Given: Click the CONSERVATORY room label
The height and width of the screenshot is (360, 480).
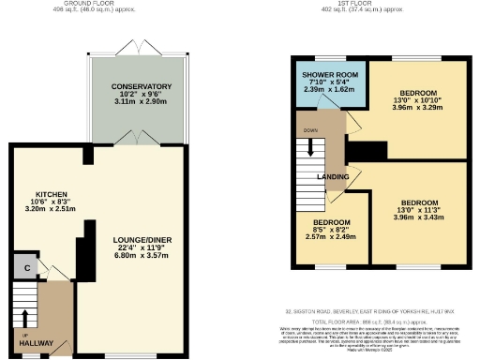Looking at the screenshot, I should (x=141, y=86).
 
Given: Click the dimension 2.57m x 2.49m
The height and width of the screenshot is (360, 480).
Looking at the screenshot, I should (x=332, y=237).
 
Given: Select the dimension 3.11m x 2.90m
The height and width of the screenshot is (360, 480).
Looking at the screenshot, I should (x=141, y=103).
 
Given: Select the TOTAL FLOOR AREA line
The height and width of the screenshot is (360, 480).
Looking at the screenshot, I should (x=376, y=321).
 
